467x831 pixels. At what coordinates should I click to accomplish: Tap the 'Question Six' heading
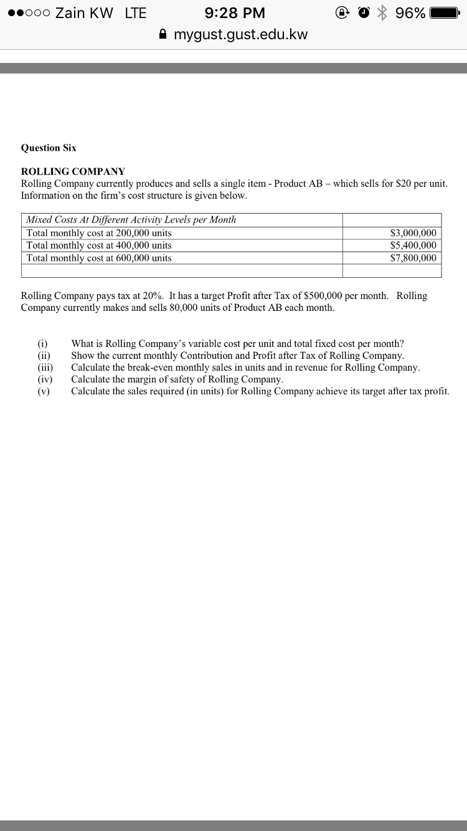(49, 148)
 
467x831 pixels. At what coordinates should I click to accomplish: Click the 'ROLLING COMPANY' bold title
(73, 171)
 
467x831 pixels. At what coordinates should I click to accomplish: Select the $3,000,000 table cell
(413, 233)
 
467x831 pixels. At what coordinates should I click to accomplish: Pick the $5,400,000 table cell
(413, 245)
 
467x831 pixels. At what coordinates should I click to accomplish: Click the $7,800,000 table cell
(413, 258)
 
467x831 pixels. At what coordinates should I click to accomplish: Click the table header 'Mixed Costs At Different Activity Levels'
(131, 220)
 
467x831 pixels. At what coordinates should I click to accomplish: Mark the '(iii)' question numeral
(45, 368)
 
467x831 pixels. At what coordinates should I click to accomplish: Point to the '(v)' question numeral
(44, 391)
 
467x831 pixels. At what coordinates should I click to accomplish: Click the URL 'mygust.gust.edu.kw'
(240, 34)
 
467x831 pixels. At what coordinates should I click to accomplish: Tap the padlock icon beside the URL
(163, 34)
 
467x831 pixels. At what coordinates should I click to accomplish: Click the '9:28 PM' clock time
(235, 13)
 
